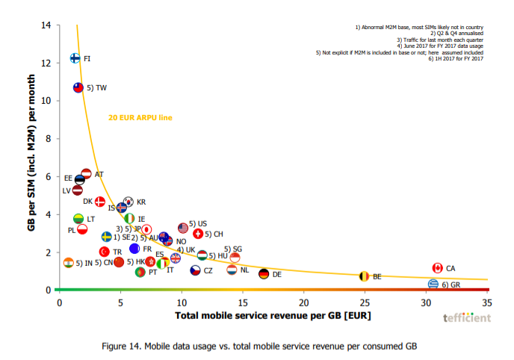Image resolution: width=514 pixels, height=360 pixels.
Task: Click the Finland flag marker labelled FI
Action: (x=75, y=58)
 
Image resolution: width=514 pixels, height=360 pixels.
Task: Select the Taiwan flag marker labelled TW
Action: (x=78, y=87)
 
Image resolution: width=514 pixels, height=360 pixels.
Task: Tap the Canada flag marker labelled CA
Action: (x=438, y=268)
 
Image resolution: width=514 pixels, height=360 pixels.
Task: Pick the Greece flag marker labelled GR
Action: (x=433, y=284)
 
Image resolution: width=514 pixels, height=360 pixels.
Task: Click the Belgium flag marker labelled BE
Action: (x=364, y=276)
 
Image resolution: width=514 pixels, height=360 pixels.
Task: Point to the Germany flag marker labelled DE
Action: (x=264, y=274)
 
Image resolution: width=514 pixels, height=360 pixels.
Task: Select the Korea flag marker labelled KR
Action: (x=128, y=202)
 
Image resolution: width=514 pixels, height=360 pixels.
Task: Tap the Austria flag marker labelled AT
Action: (x=86, y=174)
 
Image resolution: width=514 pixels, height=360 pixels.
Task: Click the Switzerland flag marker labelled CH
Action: (x=198, y=234)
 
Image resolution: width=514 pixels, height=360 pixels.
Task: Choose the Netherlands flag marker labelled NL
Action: (x=232, y=269)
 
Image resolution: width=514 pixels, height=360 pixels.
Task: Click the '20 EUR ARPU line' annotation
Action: (x=140, y=117)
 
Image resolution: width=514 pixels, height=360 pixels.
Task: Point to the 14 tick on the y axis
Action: (x=46, y=25)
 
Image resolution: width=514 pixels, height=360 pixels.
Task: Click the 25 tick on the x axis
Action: (x=364, y=302)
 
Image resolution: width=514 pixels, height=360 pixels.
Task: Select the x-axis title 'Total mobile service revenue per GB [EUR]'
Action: (x=273, y=316)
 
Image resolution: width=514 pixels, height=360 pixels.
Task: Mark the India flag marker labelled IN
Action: (x=69, y=263)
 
